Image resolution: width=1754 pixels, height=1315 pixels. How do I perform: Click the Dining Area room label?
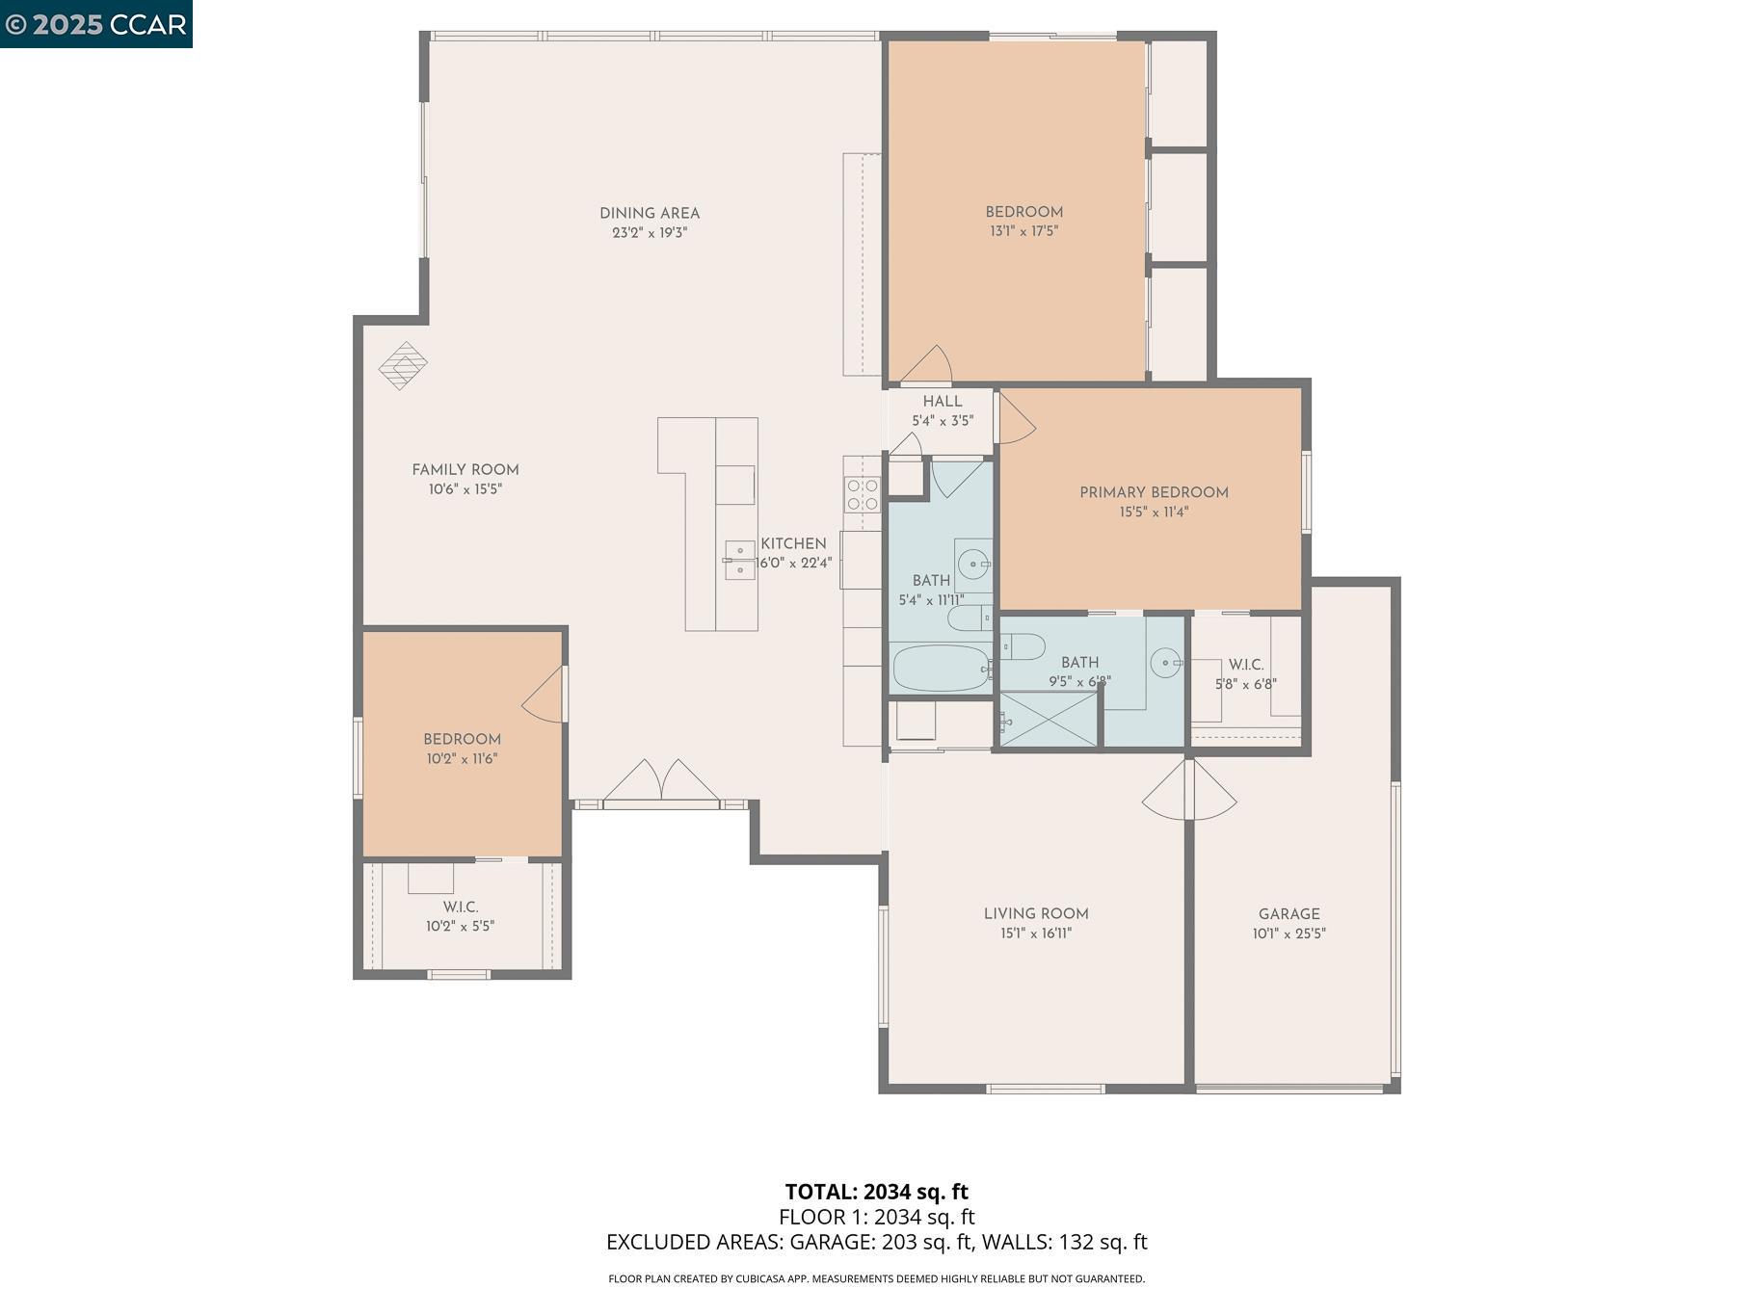point(649,214)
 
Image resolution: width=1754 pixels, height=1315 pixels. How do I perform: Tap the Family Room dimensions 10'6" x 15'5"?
point(465,489)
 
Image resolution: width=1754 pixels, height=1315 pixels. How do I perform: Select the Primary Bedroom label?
point(1154,492)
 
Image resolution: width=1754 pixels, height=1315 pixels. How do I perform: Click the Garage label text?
point(1289,914)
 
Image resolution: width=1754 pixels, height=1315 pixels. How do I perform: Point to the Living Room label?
point(1036,913)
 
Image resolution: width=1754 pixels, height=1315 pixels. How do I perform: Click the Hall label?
point(942,402)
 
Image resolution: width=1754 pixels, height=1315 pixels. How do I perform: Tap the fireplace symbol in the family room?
point(403,365)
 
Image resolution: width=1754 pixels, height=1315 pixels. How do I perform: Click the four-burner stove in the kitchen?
point(863,494)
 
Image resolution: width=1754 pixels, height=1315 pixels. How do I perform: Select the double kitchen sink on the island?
point(739,560)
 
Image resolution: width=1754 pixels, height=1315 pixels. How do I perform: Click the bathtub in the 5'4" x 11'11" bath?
point(940,668)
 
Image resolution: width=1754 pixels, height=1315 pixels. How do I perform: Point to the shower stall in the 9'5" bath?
point(1049,720)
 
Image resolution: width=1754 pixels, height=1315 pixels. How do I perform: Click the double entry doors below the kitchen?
point(661,781)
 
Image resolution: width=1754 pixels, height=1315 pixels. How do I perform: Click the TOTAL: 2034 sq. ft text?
point(876,1192)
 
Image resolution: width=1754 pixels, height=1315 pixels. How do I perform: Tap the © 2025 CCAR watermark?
point(95,24)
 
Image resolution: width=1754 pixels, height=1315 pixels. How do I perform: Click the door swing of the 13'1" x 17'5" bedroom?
point(928,365)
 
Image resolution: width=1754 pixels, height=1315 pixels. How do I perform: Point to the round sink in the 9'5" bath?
point(1165,663)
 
